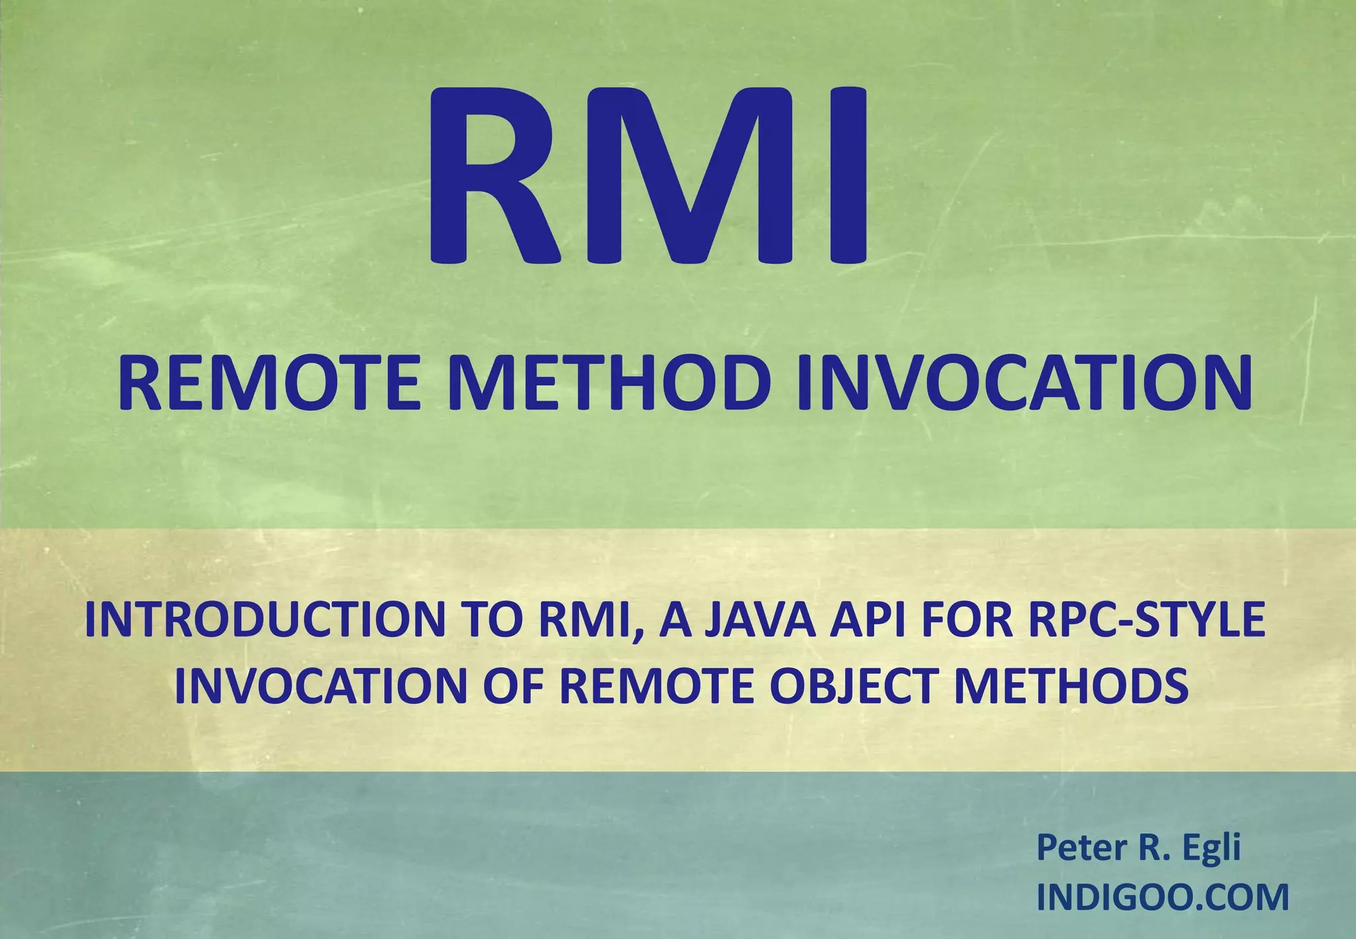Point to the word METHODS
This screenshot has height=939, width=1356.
tap(1071, 686)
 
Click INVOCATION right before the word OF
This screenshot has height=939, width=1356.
tap(321, 686)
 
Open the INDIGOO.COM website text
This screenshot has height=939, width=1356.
tap(1163, 897)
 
